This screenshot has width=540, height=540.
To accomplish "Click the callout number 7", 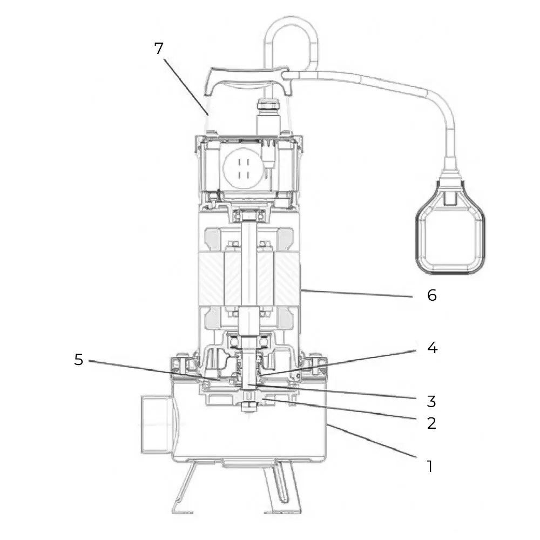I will [x=158, y=48].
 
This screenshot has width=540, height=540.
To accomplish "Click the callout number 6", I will [x=431, y=296].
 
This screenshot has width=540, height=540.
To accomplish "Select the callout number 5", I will [x=79, y=360].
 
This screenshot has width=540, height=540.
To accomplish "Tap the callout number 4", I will [x=431, y=348].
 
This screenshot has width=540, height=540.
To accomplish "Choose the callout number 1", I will [x=430, y=466].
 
